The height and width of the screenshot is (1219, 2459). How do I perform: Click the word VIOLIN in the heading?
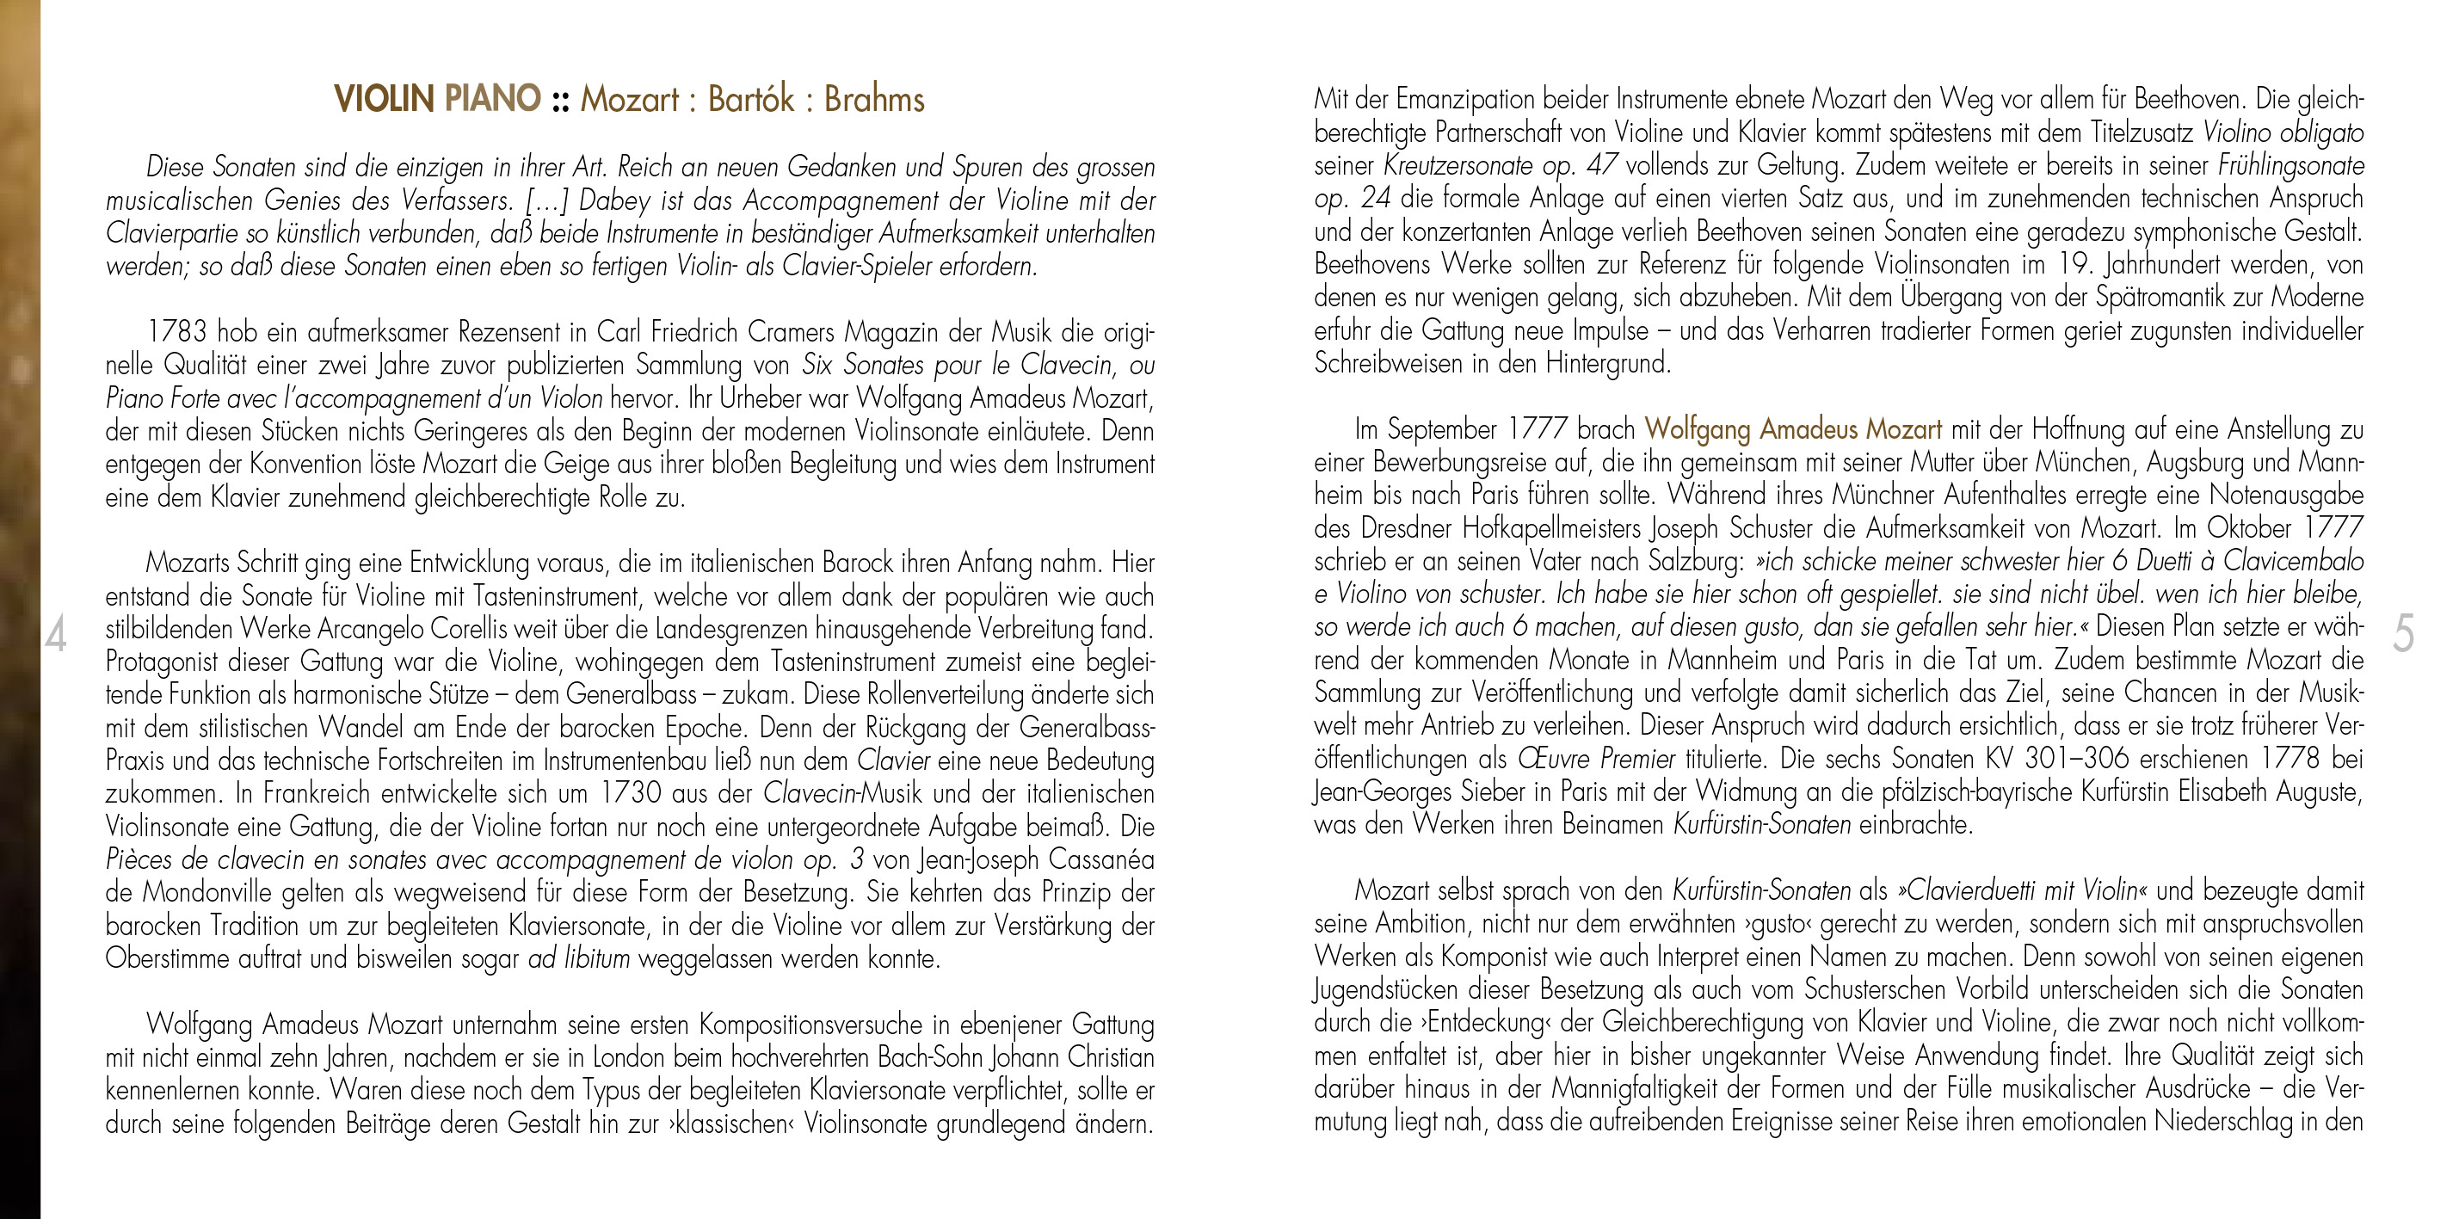(384, 99)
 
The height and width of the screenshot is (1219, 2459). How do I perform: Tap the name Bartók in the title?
(750, 99)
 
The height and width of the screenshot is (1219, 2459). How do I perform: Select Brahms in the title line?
(874, 99)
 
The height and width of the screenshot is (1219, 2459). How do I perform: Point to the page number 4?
(56, 636)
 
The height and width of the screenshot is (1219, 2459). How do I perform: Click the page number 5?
(2403, 636)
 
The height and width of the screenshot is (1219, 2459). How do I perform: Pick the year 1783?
(176, 333)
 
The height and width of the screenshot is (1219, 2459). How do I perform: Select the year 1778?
(2288, 760)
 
